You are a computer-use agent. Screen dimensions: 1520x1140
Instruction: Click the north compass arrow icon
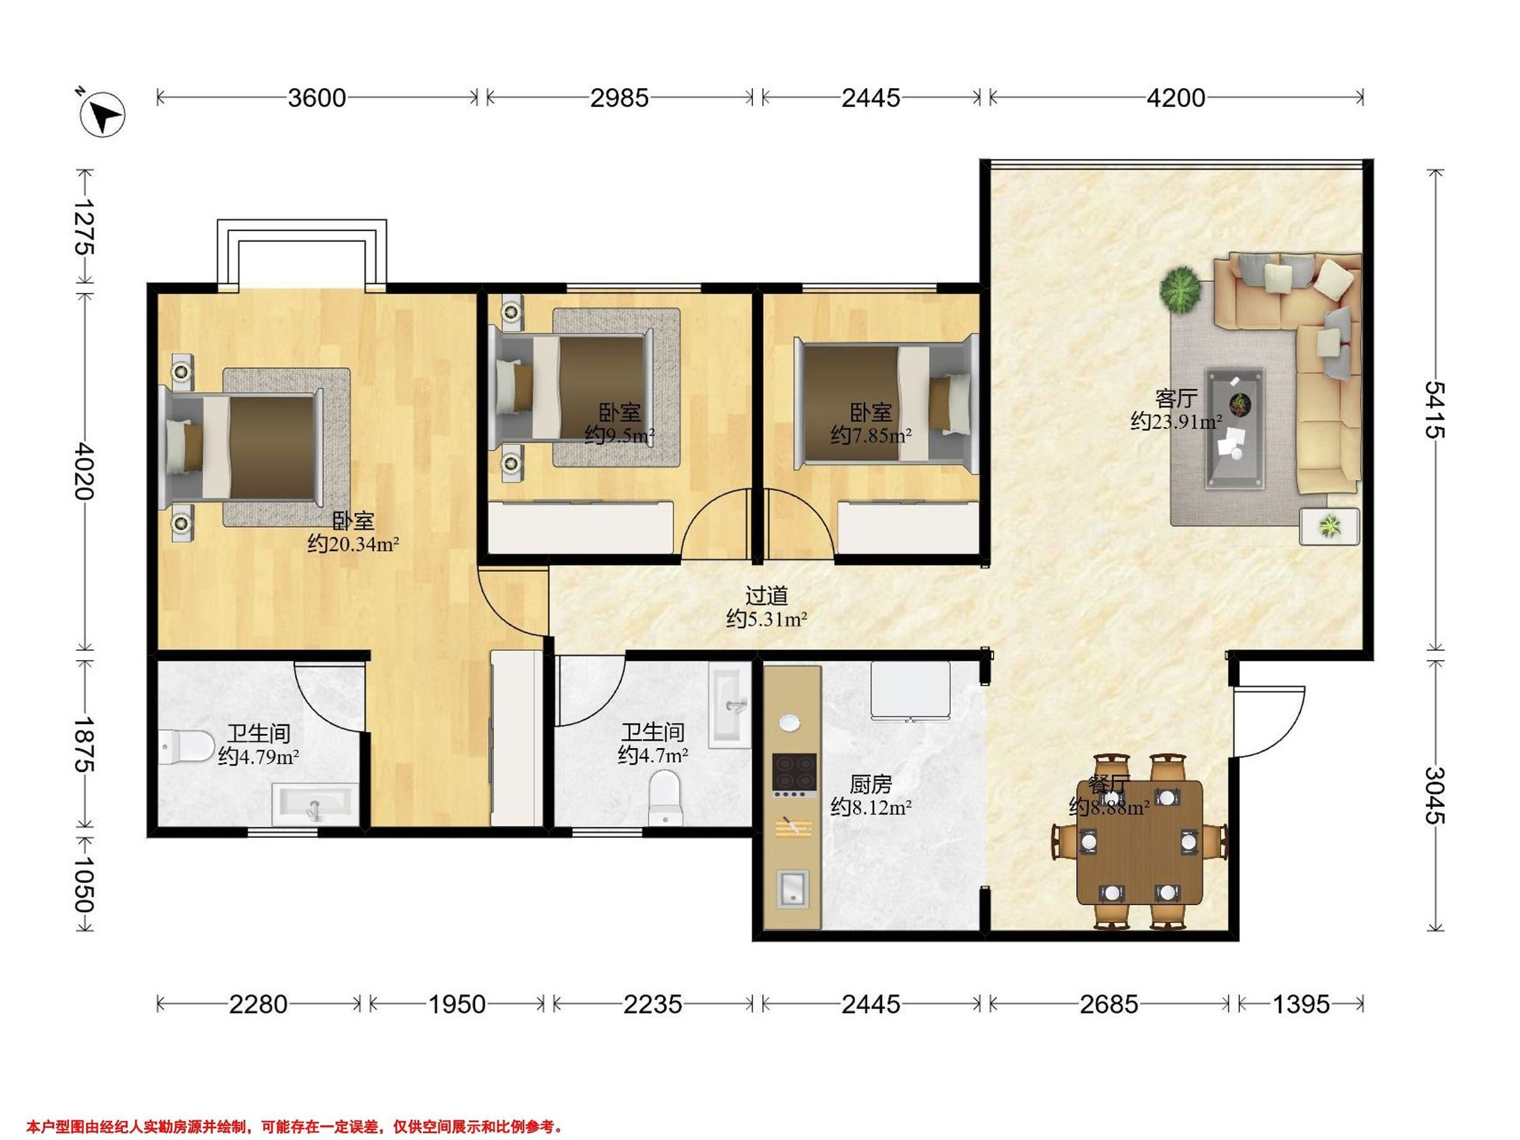[103, 113]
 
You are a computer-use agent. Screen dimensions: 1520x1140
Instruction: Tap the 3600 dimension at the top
[317, 98]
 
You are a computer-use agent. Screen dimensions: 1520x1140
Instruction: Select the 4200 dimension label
[1175, 98]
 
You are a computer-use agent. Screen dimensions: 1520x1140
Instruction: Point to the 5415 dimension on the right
[1434, 410]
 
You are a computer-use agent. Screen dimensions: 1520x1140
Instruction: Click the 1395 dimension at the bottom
[1301, 1004]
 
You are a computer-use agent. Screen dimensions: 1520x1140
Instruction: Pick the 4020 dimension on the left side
[87, 471]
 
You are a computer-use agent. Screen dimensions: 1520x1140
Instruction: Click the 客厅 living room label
[1177, 398]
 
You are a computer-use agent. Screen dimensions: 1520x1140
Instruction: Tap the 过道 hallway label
[766, 595]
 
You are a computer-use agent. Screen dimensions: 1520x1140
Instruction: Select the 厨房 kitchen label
[871, 783]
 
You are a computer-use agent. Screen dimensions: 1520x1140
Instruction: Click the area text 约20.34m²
[353, 544]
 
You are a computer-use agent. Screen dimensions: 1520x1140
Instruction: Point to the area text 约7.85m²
[871, 435]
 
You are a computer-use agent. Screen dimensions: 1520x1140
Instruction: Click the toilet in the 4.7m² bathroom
[665, 798]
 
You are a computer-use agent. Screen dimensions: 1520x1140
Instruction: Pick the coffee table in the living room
[1236, 429]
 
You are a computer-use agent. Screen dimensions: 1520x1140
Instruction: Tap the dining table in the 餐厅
[1140, 842]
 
